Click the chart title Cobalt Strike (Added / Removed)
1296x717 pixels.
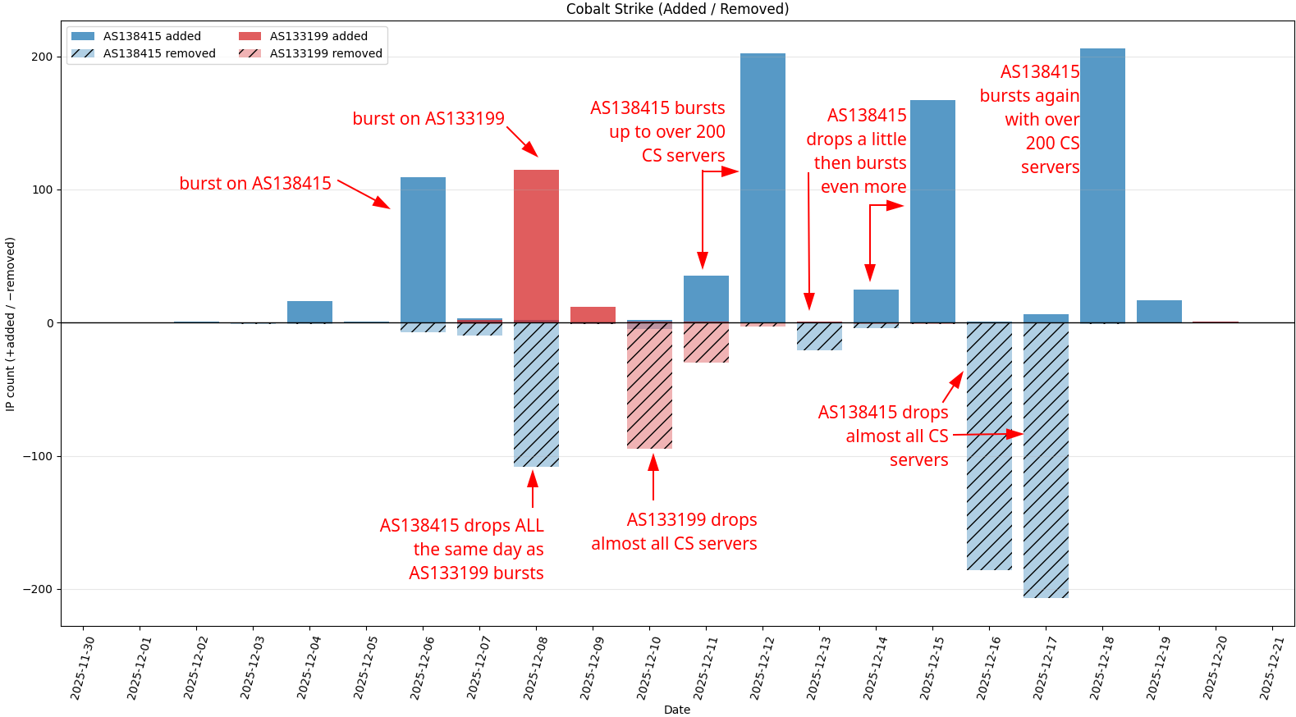(x=677, y=9)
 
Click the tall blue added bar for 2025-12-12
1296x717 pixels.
(x=762, y=188)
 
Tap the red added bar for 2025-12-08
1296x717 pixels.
(x=536, y=246)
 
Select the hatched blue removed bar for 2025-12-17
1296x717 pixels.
(x=1046, y=459)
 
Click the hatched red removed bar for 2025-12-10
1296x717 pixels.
(x=649, y=386)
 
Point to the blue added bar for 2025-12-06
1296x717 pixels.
(x=423, y=249)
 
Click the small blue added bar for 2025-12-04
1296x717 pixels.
(x=309, y=312)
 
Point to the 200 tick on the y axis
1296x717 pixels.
(x=42, y=57)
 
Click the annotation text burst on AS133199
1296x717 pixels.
(x=428, y=119)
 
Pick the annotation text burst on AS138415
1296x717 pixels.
(x=255, y=184)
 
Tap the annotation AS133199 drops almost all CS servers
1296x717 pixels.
(x=674, y=532)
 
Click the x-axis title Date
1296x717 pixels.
(x=677, y=710)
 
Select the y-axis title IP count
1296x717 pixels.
(x=10, y=324)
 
